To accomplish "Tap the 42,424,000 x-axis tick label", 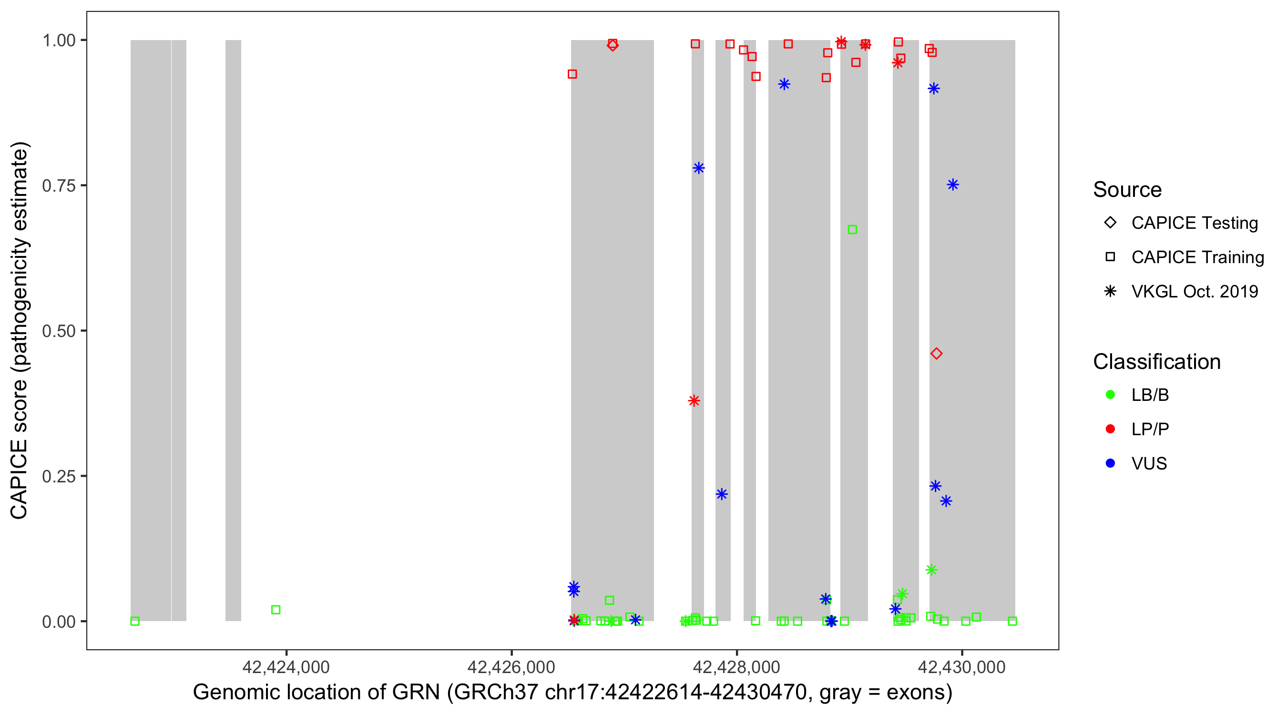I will [286, 666].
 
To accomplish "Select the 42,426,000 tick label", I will [511, 666].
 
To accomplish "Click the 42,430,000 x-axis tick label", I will [962, 666].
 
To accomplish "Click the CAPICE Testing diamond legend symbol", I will [1110, 223].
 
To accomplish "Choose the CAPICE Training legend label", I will [1197, 257].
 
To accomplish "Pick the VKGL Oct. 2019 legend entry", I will [1195, 291].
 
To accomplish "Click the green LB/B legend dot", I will [1110, 395].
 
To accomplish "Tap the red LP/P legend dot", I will [1110, 429].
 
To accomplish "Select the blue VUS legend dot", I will [1110, 463].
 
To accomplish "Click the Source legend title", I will [1127, 190].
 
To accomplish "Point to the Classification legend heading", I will [1156, 362].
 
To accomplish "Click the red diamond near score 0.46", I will [936, 354].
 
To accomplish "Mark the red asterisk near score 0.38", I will [694, 401].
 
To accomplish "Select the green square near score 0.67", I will [852, 230].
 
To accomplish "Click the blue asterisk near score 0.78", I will [698, 168].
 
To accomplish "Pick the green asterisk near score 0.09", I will [931, 570].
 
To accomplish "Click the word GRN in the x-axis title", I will [416, 693].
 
